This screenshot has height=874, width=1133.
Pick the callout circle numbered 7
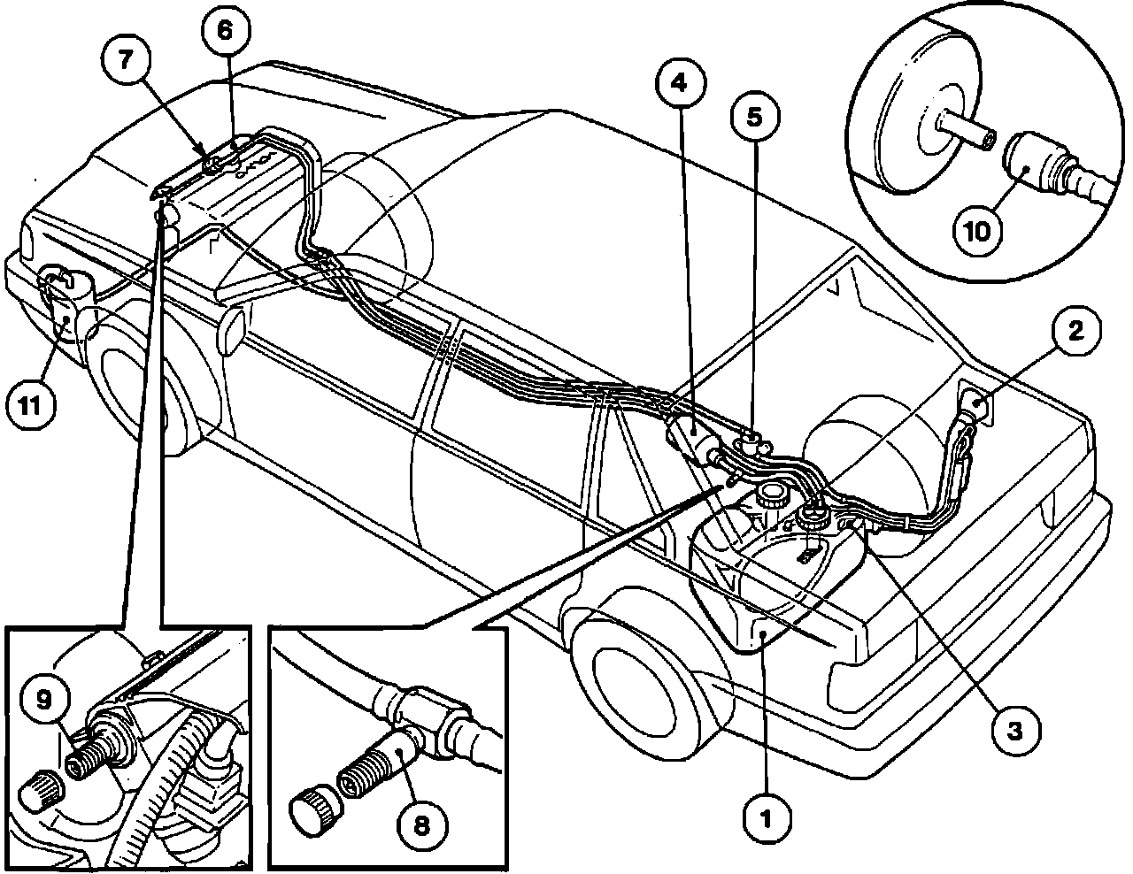tap(124, 60)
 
